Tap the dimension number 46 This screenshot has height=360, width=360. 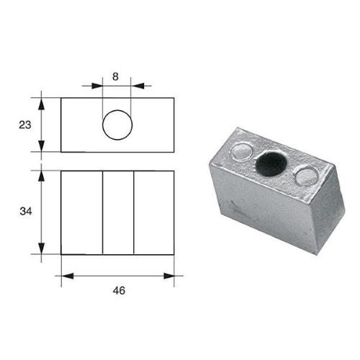pyautogui.click(x=119, y=290)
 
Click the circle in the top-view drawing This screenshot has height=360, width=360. pyautogui.click(x=117, y=125)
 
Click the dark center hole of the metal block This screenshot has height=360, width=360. pyautogui.click(x=271, y=164)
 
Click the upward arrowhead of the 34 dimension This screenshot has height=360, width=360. pyautogui.click(x=41, y=175)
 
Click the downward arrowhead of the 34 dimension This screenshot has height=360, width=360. pyautogui.click(x=41, y=249)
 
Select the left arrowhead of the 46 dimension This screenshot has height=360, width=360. pyautogui.click(x=66, y=274)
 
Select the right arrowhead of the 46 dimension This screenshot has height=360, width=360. pyautogui.click(x=169, y=274)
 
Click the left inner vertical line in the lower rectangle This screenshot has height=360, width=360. pyautogui.click(x=103, y=212)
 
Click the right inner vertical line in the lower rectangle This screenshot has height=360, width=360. pyautogui.click(x=134, y=212)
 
